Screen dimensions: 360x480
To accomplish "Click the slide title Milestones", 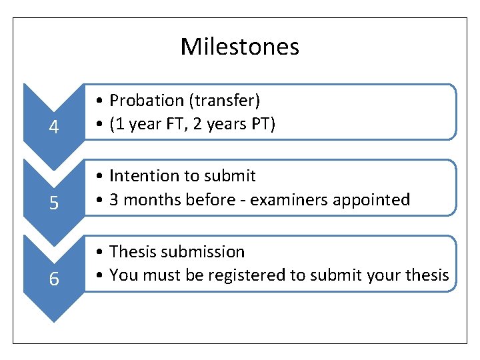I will point(239,47).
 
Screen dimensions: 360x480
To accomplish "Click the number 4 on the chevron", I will point(54,127).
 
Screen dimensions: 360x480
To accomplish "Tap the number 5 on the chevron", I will point(54,203).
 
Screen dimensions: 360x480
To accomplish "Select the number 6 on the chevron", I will point(54,279).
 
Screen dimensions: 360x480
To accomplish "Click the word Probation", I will point(147,101).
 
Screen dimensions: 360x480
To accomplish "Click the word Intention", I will point(140,176).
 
